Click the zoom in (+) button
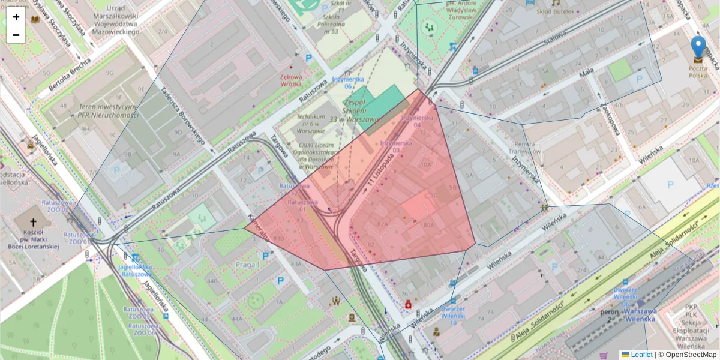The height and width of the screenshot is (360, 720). (x=16, y=17)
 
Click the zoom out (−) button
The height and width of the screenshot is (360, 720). (x=16, y=35)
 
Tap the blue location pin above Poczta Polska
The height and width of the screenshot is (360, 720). (x=698, y=47)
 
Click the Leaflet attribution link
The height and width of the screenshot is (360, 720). (x=641, y=355)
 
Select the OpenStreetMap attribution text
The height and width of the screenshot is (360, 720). (x=691, y=355)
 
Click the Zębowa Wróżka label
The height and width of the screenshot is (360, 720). (x=291, y=80)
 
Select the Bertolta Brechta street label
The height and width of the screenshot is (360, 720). (x=67, y=77)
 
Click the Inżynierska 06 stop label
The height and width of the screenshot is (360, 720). (x=340, y=83)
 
